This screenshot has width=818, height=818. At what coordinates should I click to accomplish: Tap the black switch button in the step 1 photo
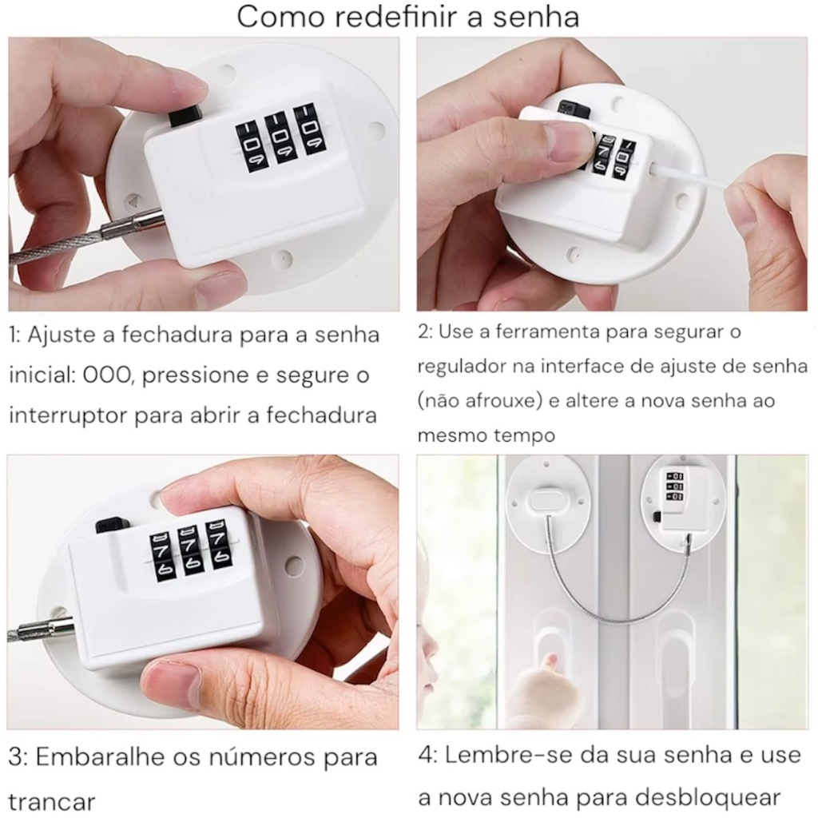(185, 115)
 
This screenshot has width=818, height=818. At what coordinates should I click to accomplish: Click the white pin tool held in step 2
(689, 177)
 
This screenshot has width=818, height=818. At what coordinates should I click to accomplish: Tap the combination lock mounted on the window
(673, 499)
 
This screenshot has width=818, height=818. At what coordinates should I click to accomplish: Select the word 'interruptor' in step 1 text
(69, 415)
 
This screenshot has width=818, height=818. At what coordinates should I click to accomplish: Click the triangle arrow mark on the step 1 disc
(134, 201)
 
